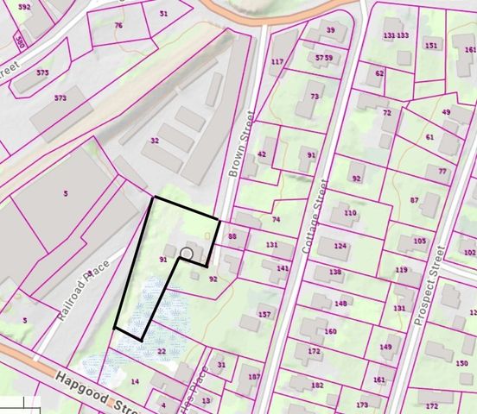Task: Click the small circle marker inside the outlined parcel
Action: pyautogui.click(x=186, y=254)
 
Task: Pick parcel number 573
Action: pyautogui.click(x=60, y=98)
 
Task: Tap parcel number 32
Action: pyautogui.click(x=155, y=140)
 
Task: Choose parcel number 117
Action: pyautogui.click(x=277, y=61)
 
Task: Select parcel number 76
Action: pyautogui.click(x=118, y=26)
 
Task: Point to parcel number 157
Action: pyautogui.click(x=264, y=314)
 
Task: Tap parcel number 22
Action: pyautogui.click(x=162, y=351)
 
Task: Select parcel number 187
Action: pyautogui.click(x=254, y=378)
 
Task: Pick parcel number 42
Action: pyautogui.click(x=262, y=154)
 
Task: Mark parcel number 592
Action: pyautogui.click(x=23, y=7)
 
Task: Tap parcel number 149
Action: pyautogui.click(x=385, y=347)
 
